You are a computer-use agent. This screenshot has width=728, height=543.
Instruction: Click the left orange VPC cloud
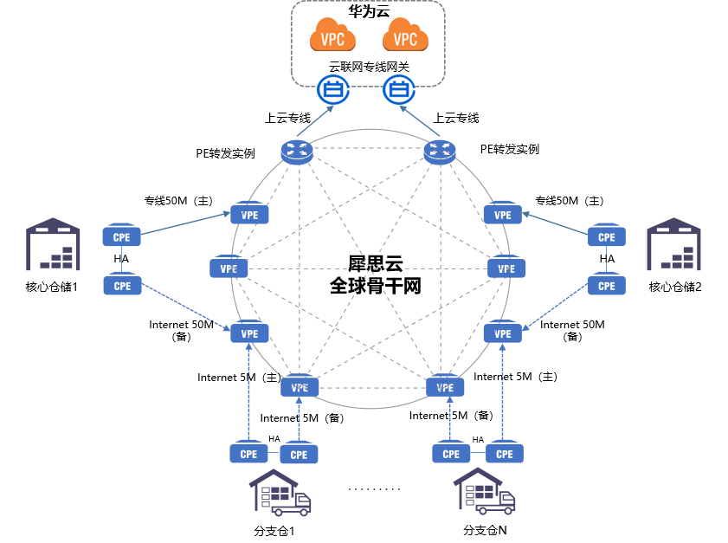coord(333,36)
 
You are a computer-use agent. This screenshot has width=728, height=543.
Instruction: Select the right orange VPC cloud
coord(405,36)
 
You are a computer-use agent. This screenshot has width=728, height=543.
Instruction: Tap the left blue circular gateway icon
coord(333,89)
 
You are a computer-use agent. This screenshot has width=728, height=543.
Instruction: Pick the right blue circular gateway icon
coord(399,89)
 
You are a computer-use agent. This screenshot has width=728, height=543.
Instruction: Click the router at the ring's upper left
coord(297,152)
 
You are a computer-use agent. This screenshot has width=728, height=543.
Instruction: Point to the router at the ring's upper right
coord(440,152)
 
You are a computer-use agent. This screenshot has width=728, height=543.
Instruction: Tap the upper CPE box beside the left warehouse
coord(122,236)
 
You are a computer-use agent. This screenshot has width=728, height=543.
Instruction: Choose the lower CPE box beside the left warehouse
coord(122,284)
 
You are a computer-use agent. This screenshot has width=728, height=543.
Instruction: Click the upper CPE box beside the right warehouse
coord(607,236)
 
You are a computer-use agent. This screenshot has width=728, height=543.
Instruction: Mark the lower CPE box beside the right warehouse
coord(607,284)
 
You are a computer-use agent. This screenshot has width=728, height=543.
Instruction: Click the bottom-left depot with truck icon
coord(280,493)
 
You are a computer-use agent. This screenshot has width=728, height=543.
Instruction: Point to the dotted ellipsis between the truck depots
coord(374,489)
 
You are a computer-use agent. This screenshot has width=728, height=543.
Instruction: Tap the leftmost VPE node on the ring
coord(229,268)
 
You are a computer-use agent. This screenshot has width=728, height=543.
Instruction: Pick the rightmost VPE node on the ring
coord(506,268)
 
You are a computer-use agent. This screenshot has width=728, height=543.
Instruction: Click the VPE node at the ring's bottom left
coord(300,386)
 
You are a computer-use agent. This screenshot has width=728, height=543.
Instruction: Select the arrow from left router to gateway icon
coord(314,121)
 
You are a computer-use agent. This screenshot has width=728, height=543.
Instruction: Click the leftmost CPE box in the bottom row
coord(248,453)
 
